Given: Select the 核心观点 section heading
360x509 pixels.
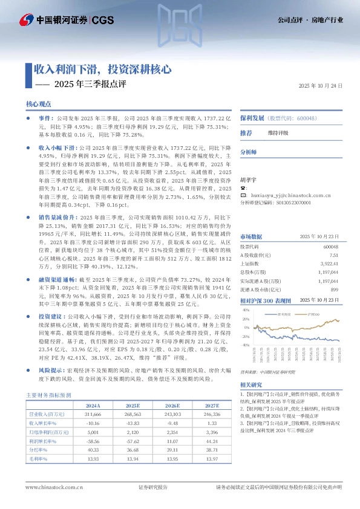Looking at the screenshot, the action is [x=39, y=105].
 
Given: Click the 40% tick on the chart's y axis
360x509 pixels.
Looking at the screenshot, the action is [x=246, y=310].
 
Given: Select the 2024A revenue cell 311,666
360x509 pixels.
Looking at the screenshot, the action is [x=93, y=414].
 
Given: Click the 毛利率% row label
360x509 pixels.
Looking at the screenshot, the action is [x=39, y=460].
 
